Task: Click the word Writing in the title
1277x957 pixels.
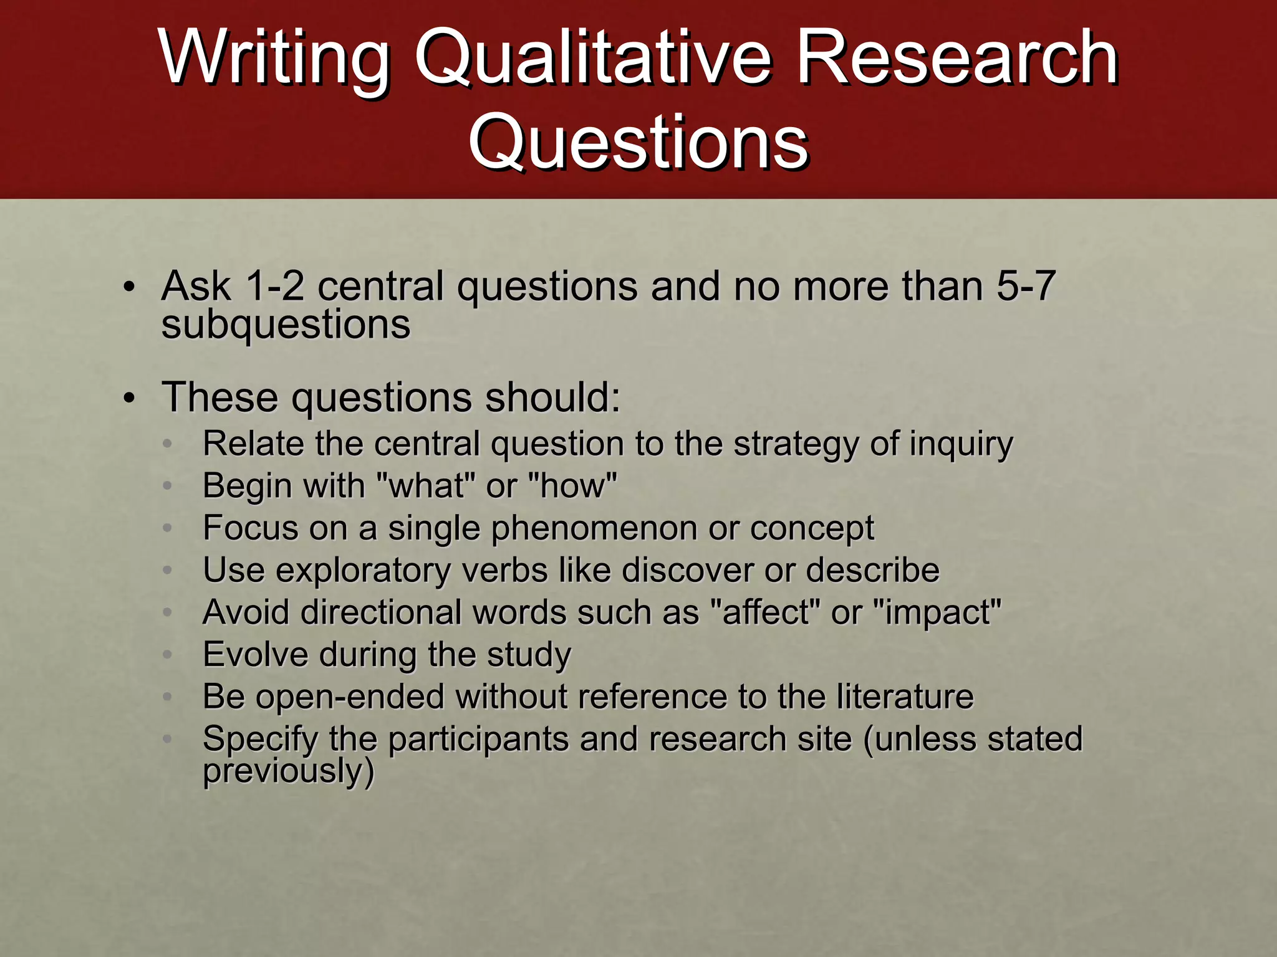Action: click(274, 59)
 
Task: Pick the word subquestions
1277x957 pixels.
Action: click(286, 325)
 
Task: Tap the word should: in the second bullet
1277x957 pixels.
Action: click(552, 397)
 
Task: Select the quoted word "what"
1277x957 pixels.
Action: click(427, 485)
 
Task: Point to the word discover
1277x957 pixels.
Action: click(688, 570)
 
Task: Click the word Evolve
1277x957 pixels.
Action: click(256, 654)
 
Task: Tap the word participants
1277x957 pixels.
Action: click(478, 739)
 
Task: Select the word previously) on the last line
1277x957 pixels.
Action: click(289, 771)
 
